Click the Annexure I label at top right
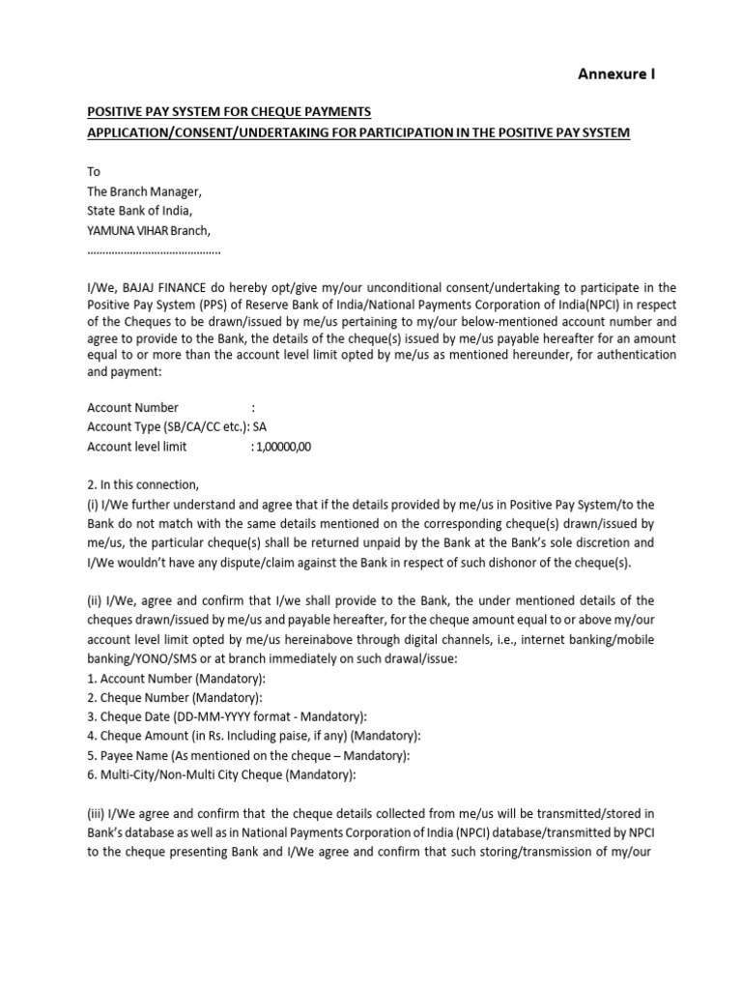pos(616,73)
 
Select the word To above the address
pos(94,171)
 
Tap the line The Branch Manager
pos(145,191)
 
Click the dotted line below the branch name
pos(154,250)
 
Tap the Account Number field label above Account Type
pos(132,407)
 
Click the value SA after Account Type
pos(260,426)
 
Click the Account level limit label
pos(137,447)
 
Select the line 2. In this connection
pos(142,484)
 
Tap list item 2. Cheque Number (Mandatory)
pos(174,698)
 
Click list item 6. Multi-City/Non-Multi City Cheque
pos(221,774)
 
